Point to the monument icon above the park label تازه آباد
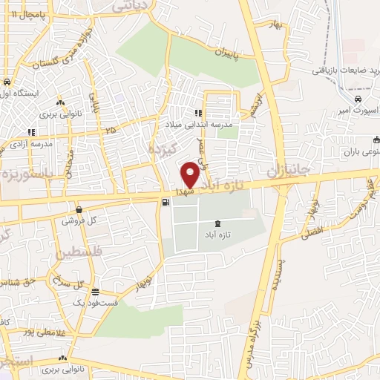coord(217,223)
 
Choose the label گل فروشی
coord(81,220)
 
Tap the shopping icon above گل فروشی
coord(79,209)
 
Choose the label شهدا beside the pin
coord(185,191)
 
